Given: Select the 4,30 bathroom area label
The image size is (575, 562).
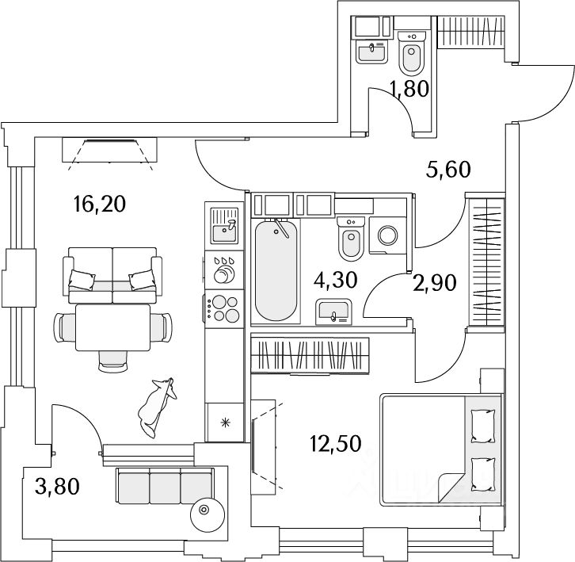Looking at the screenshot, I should click(x=337, y=280).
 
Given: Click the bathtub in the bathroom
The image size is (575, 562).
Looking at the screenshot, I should click(x=276, y=268).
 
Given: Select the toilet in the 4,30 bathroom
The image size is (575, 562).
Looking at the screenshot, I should click(x=350, y=239).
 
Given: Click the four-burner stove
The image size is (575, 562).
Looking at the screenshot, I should click(x=223, y=308).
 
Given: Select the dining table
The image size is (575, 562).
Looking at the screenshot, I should click(x=112, y=329).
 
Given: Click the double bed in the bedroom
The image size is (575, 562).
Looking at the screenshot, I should click(x=440, y=449).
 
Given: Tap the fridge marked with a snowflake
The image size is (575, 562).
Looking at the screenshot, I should click(x=224, y=421).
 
